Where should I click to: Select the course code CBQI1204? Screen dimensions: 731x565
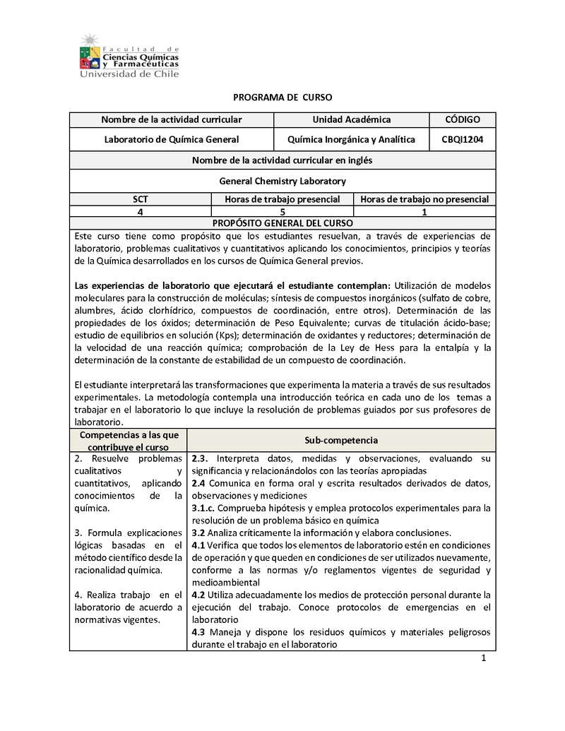(463, 139)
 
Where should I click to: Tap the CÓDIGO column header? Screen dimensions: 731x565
(463, 119)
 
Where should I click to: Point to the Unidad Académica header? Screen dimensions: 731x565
(351, 119)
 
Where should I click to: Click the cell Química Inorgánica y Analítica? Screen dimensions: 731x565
(351, 139)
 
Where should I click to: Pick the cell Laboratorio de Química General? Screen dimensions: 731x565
(171, 139)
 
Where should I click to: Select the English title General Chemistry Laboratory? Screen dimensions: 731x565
(282, 181)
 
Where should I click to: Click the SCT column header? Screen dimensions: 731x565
(141, 199)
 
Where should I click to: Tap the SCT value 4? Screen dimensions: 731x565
(141, 211)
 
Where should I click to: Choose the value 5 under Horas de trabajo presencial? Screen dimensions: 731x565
(282, 211)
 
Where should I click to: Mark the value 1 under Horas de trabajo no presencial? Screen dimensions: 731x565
(424, 211)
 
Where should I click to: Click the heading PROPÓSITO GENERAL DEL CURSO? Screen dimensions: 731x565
(282, 222)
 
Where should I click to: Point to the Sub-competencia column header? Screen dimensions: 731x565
(341, 440)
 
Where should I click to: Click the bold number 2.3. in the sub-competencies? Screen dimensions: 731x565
(199, 458)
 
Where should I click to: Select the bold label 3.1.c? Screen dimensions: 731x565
(203, 508)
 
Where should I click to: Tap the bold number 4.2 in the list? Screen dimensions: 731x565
(198, 595)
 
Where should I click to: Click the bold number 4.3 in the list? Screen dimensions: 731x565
(198, 632)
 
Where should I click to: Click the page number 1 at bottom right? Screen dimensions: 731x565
(484, 659)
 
